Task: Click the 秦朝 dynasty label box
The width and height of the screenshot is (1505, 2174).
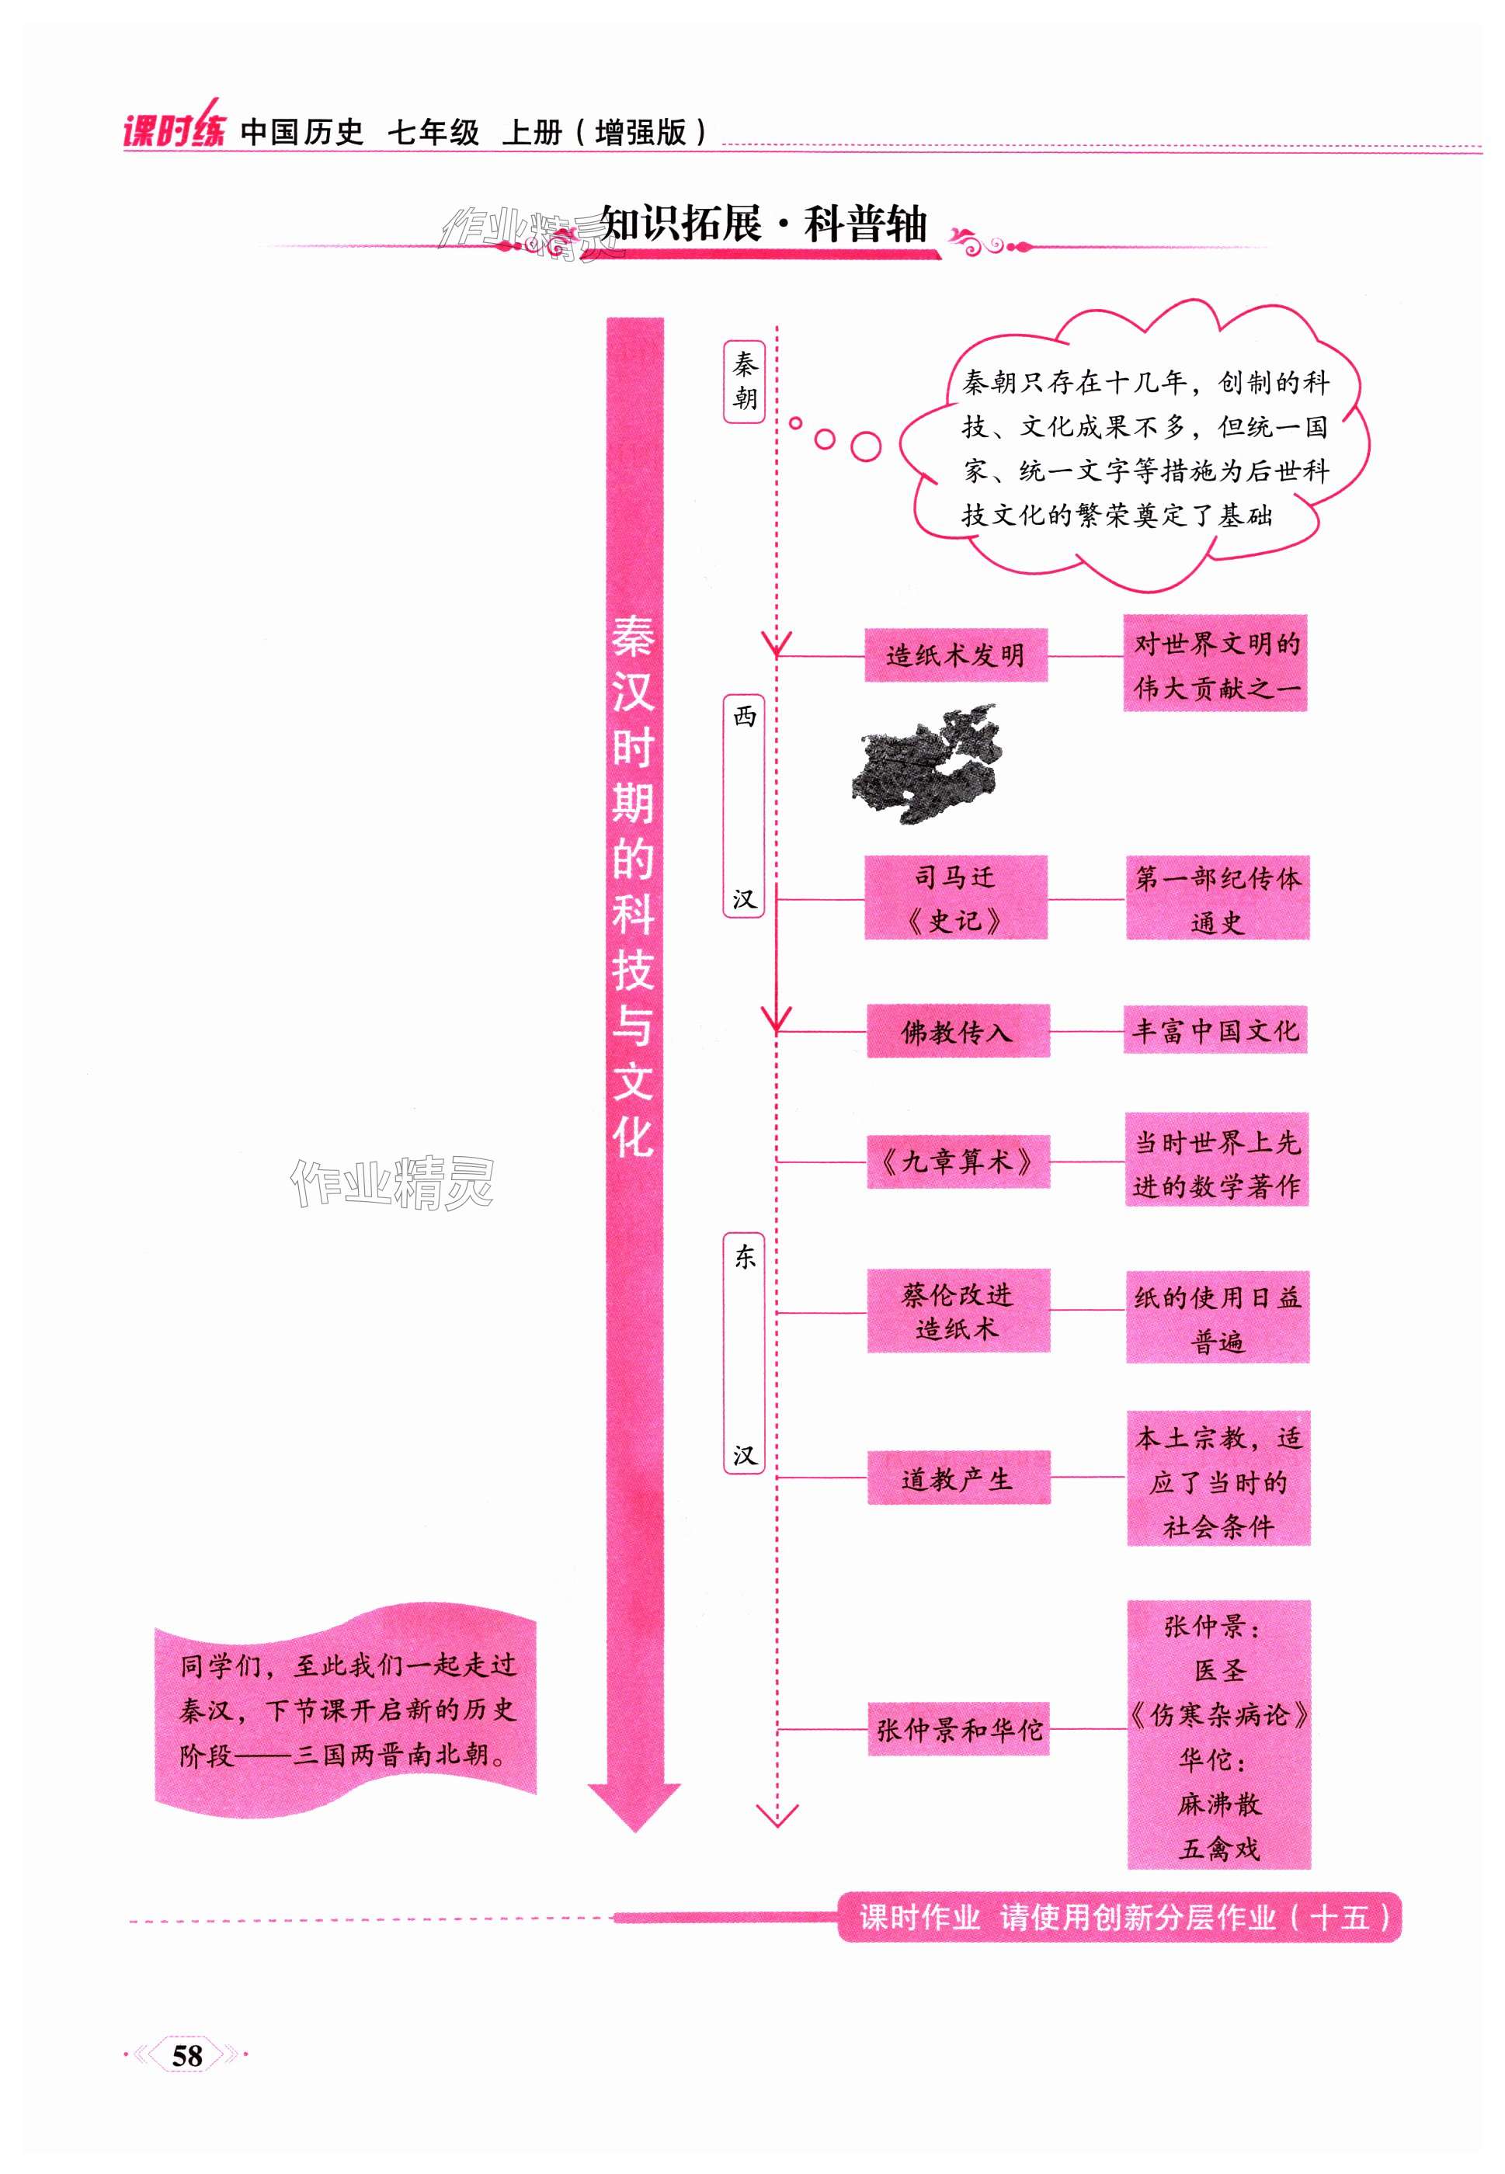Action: (744, 381)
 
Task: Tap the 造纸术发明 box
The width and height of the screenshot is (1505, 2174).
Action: (955, 655)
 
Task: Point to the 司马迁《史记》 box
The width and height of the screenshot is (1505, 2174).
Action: (955, 898)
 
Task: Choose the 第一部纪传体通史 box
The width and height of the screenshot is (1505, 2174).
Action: (1216, 898)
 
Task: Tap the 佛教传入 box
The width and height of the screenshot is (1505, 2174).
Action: (957, 1031)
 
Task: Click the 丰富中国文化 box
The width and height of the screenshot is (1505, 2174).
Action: (1215, 1030)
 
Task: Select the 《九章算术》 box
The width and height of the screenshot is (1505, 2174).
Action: (957, 1162)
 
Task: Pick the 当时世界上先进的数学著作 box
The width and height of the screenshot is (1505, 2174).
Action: (1216, 1162)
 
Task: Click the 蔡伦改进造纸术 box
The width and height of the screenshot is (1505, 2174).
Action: (957, 1311)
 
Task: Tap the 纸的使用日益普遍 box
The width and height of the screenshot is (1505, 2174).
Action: (1216, 1317)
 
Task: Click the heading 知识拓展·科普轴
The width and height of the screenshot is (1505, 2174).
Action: (764, 225)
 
